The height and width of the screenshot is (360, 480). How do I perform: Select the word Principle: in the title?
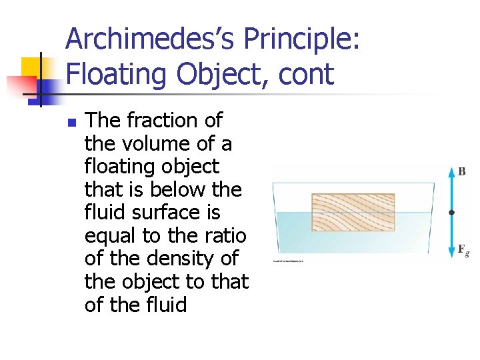coord(302,39)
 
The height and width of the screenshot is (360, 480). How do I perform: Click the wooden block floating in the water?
coord(353,212)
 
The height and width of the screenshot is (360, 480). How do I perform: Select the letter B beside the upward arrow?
coord(461,171)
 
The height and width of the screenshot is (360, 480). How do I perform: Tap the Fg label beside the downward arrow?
coord(463,250)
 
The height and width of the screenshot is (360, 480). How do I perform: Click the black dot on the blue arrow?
coord(451,213)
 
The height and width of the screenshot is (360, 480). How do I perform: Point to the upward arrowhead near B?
coord(451,168)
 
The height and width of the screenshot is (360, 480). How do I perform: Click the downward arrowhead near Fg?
coord(451,254)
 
